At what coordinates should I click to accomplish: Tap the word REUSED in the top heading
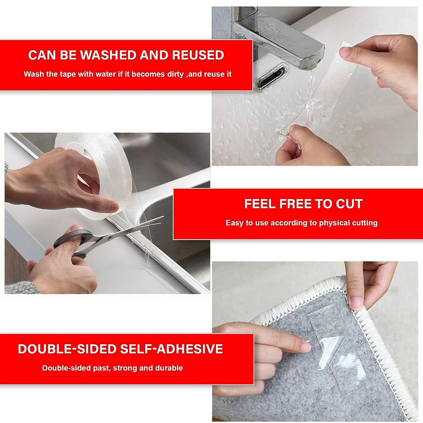pyautogui.click(x=198, y=55)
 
